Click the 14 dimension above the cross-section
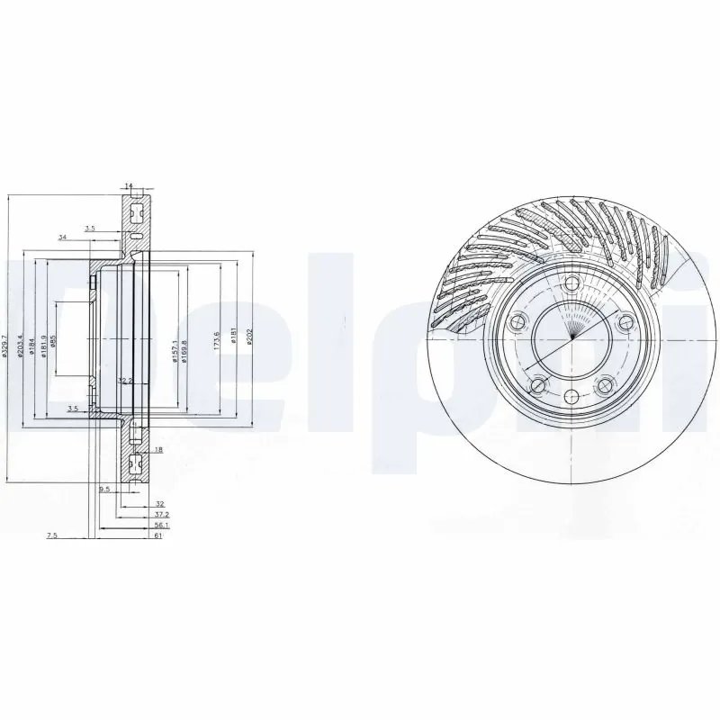[129, 186]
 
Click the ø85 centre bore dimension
[55, 342]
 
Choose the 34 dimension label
[62, 237]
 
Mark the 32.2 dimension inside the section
[125, 381]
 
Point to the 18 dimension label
[158, 449]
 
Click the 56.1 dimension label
[160, 525]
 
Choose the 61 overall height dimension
[157, 535]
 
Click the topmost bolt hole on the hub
[571, 284]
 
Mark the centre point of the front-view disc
[571, 340]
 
